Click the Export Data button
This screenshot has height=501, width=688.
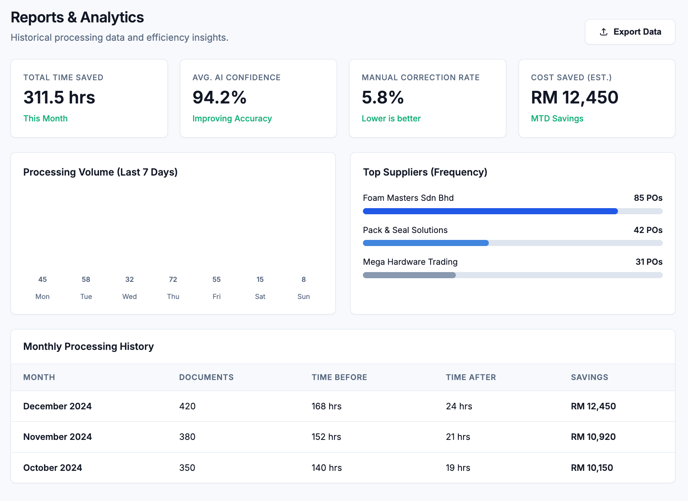[630, 32]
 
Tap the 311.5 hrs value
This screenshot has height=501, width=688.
[59, 98]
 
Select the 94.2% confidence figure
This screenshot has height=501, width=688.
[220, 98]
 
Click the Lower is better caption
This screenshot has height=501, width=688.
[391, 119]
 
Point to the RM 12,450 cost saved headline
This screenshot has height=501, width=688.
[574, 98]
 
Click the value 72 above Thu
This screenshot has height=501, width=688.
[173, 279]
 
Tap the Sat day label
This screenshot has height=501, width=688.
[260, 297]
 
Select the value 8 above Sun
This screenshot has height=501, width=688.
[303, 279]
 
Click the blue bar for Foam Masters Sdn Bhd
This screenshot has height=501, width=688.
[490, 211]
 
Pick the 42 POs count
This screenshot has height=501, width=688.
[648, 230]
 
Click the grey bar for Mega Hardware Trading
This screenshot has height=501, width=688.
[409, 275]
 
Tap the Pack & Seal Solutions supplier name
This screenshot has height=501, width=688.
[405, 230]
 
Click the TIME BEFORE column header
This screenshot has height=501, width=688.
[339, 377]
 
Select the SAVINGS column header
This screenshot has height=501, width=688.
[589, 377]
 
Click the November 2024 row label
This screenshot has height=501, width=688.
[57, 437]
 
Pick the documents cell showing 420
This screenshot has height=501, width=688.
[187, 406]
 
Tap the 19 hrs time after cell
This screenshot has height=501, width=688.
[458, 468]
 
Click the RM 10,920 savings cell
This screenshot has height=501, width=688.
[593, 437]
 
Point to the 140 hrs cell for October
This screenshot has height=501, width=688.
[326, 468]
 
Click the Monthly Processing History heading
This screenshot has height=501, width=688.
[88, 347]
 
